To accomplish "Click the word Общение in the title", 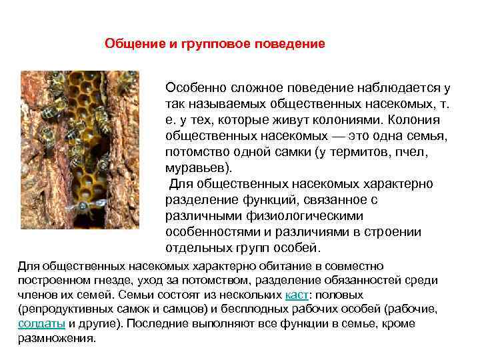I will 133,44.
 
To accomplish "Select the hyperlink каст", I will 295,295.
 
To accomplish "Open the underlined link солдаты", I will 41,323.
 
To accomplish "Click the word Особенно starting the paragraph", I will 195,88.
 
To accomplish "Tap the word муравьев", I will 197,167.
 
